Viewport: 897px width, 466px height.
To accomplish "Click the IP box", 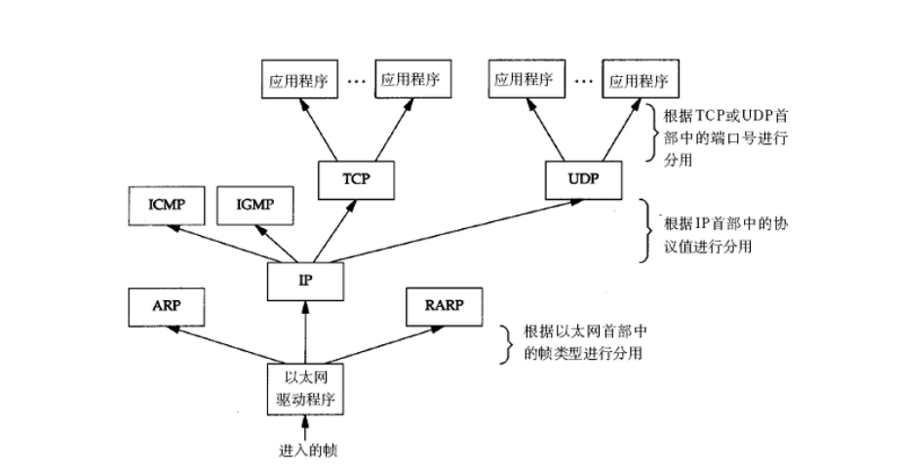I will [306, 281].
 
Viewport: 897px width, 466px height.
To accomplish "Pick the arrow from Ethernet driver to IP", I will [306, 331].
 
